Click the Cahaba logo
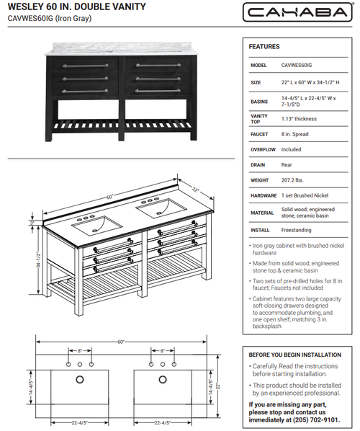(297, 12)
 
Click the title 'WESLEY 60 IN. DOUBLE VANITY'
(77, 6)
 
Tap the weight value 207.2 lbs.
(292, 180)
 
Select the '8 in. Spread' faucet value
(294, 134)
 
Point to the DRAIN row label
(258, 165)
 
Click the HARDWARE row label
(264, 196)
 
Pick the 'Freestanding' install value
(297, 230)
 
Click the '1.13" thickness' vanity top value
(299, 119)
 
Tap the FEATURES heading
(264, 47)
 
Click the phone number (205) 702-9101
(316, 419)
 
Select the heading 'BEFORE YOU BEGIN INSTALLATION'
(295, 355)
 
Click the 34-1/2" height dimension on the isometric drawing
(38, 259)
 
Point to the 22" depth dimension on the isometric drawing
(195, 190)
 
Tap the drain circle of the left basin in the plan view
(80, 380)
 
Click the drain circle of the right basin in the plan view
(163, 380)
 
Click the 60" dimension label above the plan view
(121, 342)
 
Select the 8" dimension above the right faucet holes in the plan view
(163, 351)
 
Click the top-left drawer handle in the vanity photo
(86, 66)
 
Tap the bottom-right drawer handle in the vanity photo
(158, 91)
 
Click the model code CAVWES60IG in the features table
(297, 65)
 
